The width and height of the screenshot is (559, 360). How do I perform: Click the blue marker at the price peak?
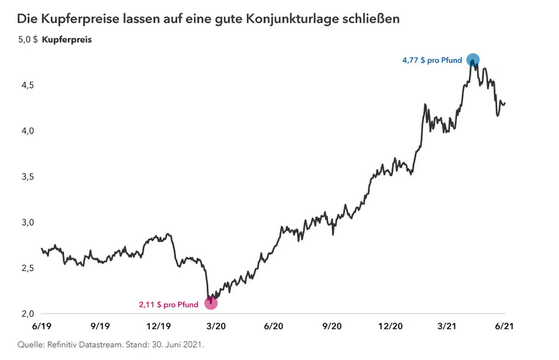[x=472, y=60]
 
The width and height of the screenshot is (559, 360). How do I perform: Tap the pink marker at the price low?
[x=211, y=303]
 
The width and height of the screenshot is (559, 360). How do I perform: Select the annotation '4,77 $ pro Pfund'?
[x=432, y=61]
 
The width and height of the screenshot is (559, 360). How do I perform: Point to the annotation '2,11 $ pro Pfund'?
[x=170, y=304]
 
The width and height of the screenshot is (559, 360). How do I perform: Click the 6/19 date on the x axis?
[x=41, y=325]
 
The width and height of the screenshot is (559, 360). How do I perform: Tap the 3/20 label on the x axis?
[x=217, y=325]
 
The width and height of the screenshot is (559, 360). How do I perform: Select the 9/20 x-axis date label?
[x=333, y=325]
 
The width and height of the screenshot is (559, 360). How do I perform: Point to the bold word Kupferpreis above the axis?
[x=67, y=40]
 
